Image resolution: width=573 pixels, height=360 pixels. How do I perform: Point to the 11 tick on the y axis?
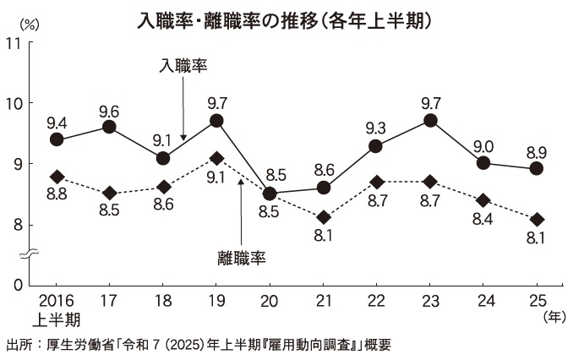tap(14, 42)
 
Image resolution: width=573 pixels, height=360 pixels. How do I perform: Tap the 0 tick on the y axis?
tap(17, 285)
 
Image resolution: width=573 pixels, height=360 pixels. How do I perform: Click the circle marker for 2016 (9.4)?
tap(57, 139)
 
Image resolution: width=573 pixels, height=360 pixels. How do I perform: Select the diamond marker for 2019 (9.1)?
tap(216, 158)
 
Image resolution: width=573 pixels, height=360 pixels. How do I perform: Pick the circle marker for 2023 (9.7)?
tap(430, 120)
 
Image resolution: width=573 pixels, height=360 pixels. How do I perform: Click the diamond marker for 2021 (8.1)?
tap(324, 218)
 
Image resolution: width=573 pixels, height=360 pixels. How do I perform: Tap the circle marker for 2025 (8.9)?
tap(536, 168)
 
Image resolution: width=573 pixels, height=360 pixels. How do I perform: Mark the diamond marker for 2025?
tap(536, 219)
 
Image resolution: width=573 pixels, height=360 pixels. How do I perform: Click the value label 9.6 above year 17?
tap(109, 111)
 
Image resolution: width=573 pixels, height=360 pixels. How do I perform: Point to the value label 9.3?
tap(376, 128)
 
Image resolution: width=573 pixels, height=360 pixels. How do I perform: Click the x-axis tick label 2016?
tap(57, 302)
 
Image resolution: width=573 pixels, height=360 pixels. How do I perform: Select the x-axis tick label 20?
tap(270, 302)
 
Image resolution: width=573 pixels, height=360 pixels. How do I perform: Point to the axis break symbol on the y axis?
tap(28, 253)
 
